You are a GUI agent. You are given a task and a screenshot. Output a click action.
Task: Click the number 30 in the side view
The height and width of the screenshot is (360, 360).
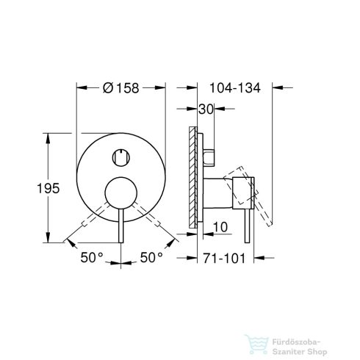click(206, 109)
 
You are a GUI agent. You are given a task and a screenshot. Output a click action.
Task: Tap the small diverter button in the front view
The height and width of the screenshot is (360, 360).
click(120, 156)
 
